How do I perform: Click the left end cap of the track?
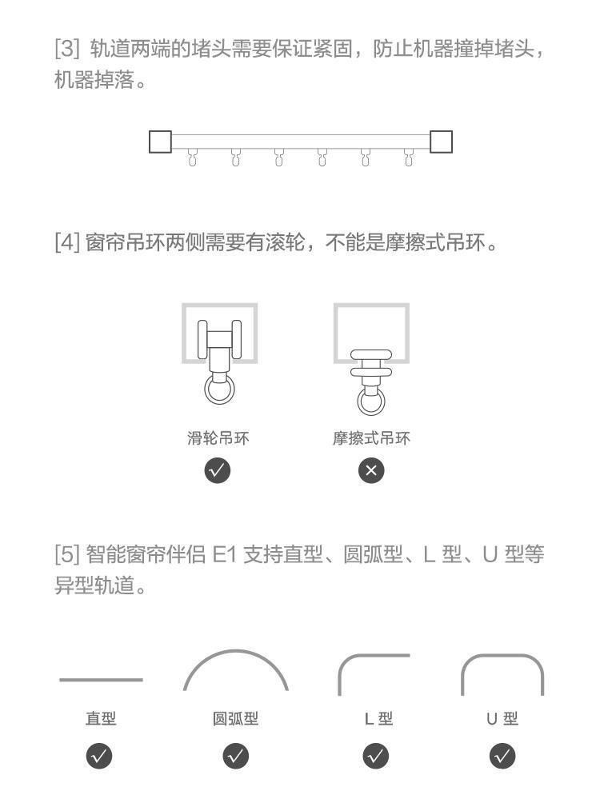click(160, 142)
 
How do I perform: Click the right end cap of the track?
click(441, 142)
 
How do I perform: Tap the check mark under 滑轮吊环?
click(218, 471)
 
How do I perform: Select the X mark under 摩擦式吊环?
click(371, 471)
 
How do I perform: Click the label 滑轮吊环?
click(218, 438)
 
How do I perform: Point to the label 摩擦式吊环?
click(371, 438)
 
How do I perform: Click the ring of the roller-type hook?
click(218, 392)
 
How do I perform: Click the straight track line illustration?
click(101, 680)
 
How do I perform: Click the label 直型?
click(101, 719)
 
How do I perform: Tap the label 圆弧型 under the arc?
click(235, 719)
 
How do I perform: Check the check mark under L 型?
click(375, 755)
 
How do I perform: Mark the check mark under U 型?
click(502, 755)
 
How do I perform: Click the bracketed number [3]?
click(67, 49)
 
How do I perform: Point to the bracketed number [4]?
click(66, 242)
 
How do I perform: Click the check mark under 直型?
click(101, 755)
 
